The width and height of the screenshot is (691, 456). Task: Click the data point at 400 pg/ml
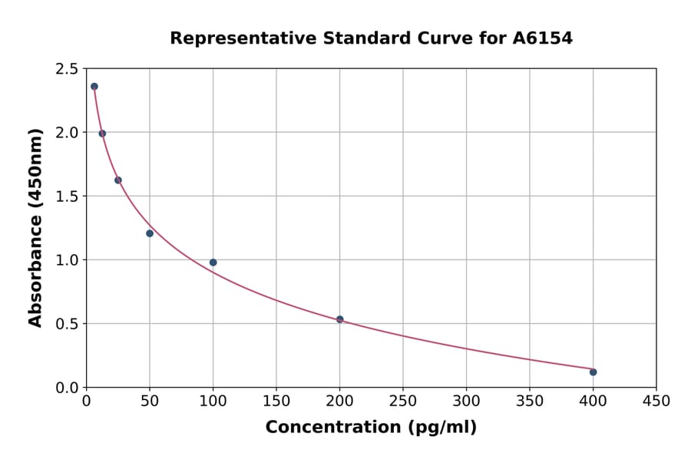tap(593, 372)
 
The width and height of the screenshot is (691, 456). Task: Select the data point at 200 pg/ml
tap(339, 319)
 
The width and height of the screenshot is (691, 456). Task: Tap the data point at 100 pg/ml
tap(213, 263)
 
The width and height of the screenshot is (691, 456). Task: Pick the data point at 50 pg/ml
tap(150, 233)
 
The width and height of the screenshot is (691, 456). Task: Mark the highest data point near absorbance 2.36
tap(94, 87)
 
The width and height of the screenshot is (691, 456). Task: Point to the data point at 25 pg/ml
tap(118, 180)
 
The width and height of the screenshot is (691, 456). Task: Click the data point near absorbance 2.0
tap(102, 134)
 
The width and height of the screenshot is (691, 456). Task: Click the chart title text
tap(371, 38)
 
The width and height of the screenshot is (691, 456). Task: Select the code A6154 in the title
tap(542, 38)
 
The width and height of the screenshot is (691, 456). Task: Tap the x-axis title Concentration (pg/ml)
tap(371, 428)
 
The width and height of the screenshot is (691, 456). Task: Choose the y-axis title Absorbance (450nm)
tap(35, 228)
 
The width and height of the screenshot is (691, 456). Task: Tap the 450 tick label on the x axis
tap(656, 401)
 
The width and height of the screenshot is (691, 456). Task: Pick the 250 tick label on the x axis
tap(403, 401)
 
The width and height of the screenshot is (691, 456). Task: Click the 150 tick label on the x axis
tap(276, 401)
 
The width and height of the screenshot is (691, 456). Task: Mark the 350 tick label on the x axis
tap(530, 401)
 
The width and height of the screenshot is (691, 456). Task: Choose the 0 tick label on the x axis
tap(87, 401)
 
